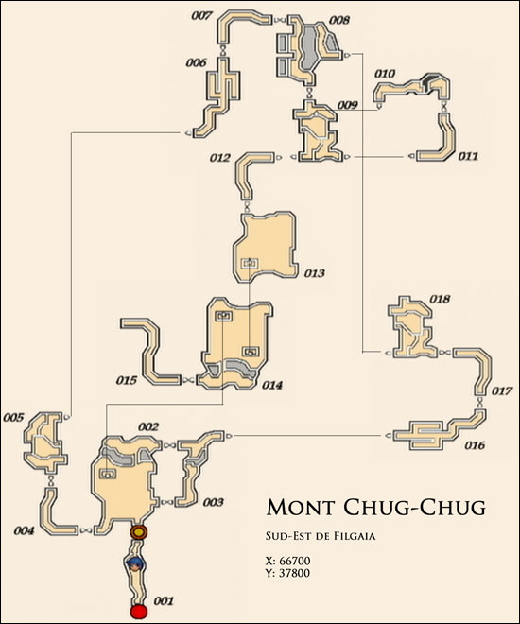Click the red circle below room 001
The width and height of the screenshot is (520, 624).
[139, 611]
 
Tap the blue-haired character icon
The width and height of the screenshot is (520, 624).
[134, 563]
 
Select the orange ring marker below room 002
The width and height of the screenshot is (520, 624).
[139, 531]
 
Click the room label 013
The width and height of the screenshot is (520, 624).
[314, 273]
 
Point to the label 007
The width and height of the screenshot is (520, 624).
[201, 16]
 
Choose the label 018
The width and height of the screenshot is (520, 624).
[440, 299]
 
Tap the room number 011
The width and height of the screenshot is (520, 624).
[467, 156]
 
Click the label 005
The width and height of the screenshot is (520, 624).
[13, 418]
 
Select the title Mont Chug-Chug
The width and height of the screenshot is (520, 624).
[376, 507]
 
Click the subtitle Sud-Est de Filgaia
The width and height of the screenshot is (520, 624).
[321, 536]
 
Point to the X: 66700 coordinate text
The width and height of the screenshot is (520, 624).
[287, 561]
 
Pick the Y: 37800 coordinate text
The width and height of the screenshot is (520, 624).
[287, 573]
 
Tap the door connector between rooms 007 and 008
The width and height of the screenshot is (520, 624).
[280, 20]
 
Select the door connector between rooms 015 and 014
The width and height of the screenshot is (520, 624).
[187, 380]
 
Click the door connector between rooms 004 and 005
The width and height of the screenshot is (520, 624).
[51, 481]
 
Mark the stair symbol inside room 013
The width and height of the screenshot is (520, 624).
[250, 263]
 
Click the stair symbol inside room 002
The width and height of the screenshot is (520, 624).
[108, 473]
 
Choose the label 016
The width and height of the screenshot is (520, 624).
[475, 445]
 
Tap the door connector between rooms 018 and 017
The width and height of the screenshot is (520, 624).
[444, 353]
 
